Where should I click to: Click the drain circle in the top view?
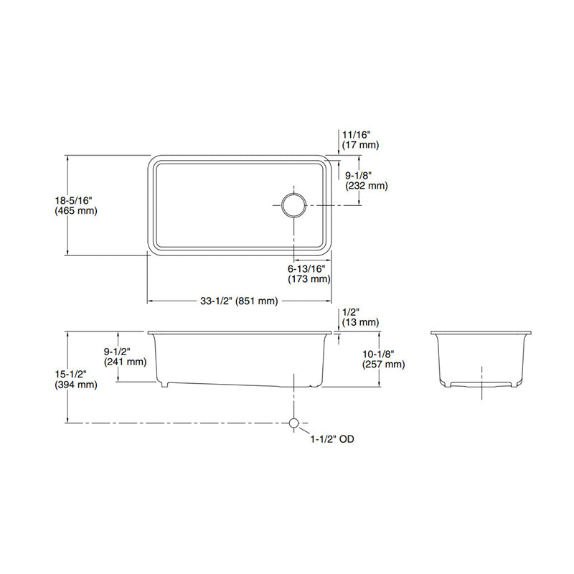(293, 204)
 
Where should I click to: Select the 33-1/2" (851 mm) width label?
(239, 301)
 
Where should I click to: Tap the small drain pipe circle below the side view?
(293, 423)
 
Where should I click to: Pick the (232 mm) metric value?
(366, 185)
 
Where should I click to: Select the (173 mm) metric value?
(309, 278)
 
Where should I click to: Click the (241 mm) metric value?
(124, 362)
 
